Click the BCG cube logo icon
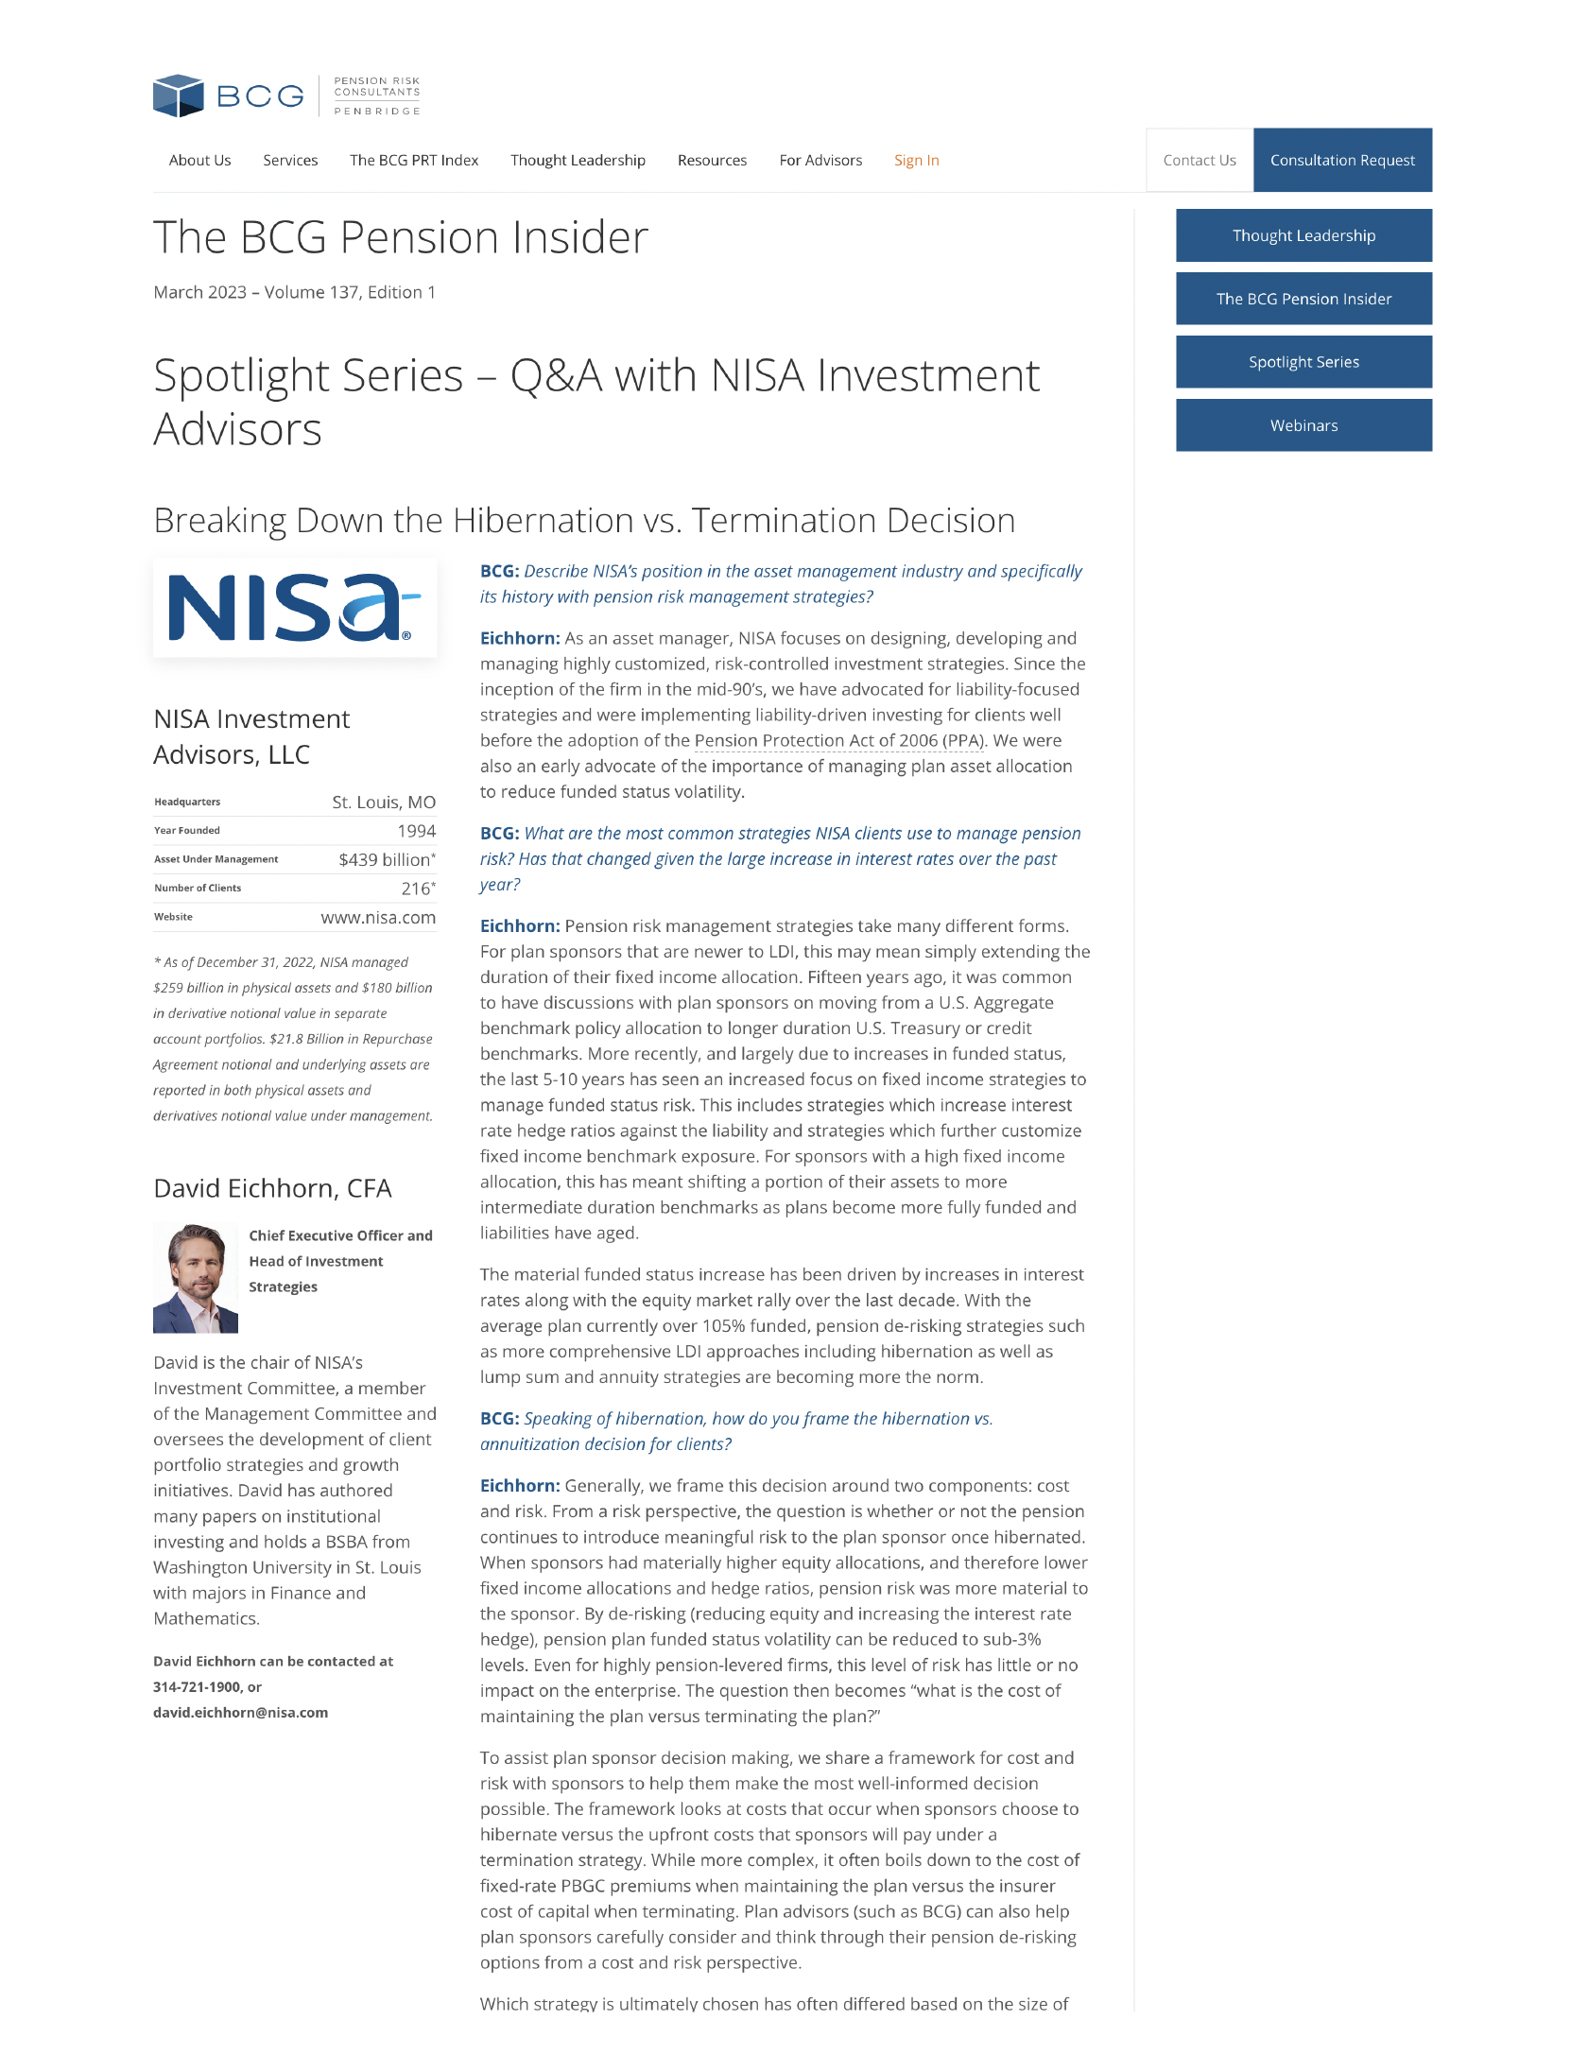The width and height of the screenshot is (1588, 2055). coord(179,95)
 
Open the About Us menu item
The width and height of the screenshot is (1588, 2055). coord(199,161)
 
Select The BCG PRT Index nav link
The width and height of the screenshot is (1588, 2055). coord(414,161)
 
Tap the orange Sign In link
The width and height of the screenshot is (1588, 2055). coord(916,161)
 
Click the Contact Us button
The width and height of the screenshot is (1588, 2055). coord(1199,161)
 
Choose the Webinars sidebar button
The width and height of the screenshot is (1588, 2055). coord(1303,425)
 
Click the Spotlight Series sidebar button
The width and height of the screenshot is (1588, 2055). coord(1303,362)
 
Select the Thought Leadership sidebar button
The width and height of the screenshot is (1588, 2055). coord(1303,235)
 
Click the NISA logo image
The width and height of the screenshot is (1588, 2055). coord(294,608)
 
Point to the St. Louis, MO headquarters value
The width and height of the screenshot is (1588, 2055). coord(383,803)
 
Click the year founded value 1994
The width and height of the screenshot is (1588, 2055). coord(416,831)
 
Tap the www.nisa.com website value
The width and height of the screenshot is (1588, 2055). coord(377,918)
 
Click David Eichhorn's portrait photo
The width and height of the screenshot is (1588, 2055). coord(196,1278)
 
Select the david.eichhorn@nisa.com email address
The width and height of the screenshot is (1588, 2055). coord(240,1713)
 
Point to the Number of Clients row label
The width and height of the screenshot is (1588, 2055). coord(198,889)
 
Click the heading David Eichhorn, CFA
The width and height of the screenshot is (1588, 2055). coord(272,1188)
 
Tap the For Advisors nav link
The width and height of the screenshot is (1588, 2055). coord(820,161)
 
